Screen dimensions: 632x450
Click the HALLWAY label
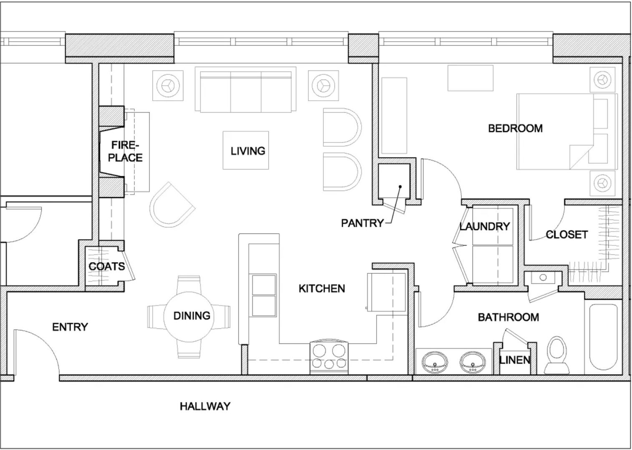pos(205,406)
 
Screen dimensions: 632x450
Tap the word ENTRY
pos(70,327)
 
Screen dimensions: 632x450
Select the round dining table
pos(189,317)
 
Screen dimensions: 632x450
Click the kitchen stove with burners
pos(329,358)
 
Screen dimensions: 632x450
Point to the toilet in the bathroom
pos(556,355)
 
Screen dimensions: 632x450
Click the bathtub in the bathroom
pos(603,337)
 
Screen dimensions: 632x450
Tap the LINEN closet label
pos(515,360)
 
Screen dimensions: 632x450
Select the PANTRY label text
pos(362,223)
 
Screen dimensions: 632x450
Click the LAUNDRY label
pos(485,226)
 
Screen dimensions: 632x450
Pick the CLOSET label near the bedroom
pos(567,235)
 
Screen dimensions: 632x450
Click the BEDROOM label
pos(516,128)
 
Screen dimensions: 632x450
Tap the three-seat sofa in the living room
pos(245,90)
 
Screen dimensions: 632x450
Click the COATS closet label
pos(107,266)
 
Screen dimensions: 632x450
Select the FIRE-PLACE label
pos(125,151)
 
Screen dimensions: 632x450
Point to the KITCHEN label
pos(322,288)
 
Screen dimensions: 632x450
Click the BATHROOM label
pos(509,317)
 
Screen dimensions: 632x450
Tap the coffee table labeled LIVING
pos(246,150)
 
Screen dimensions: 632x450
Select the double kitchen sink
pos(264,295)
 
